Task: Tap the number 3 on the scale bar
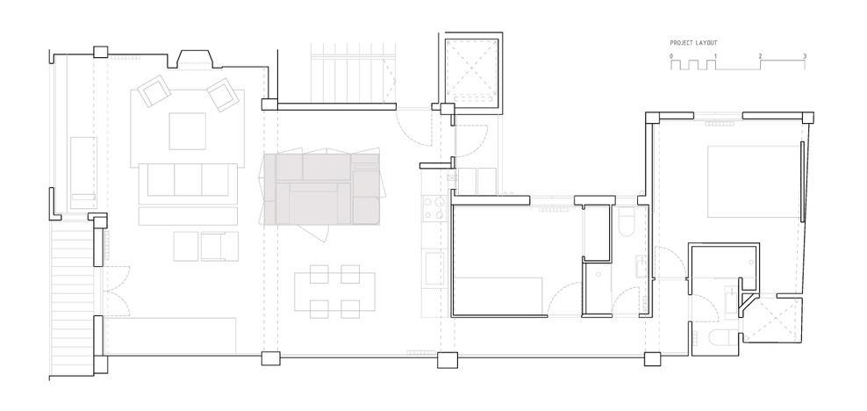point(805,56)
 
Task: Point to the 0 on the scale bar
point(671,56)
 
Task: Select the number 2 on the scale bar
point(760,56)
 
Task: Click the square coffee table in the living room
point(188,131)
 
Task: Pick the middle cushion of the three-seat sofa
point(188,180)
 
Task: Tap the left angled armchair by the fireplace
point(154,90)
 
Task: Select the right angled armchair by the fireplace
point(222,95)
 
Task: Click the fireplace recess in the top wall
point(194,59)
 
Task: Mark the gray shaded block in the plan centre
point(321,189)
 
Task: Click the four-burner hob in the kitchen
point(434,208)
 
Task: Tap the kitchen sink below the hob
point(434,268)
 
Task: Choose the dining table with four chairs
point(334,292)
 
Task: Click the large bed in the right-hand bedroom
point(754,182)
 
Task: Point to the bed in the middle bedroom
point(498,297)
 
